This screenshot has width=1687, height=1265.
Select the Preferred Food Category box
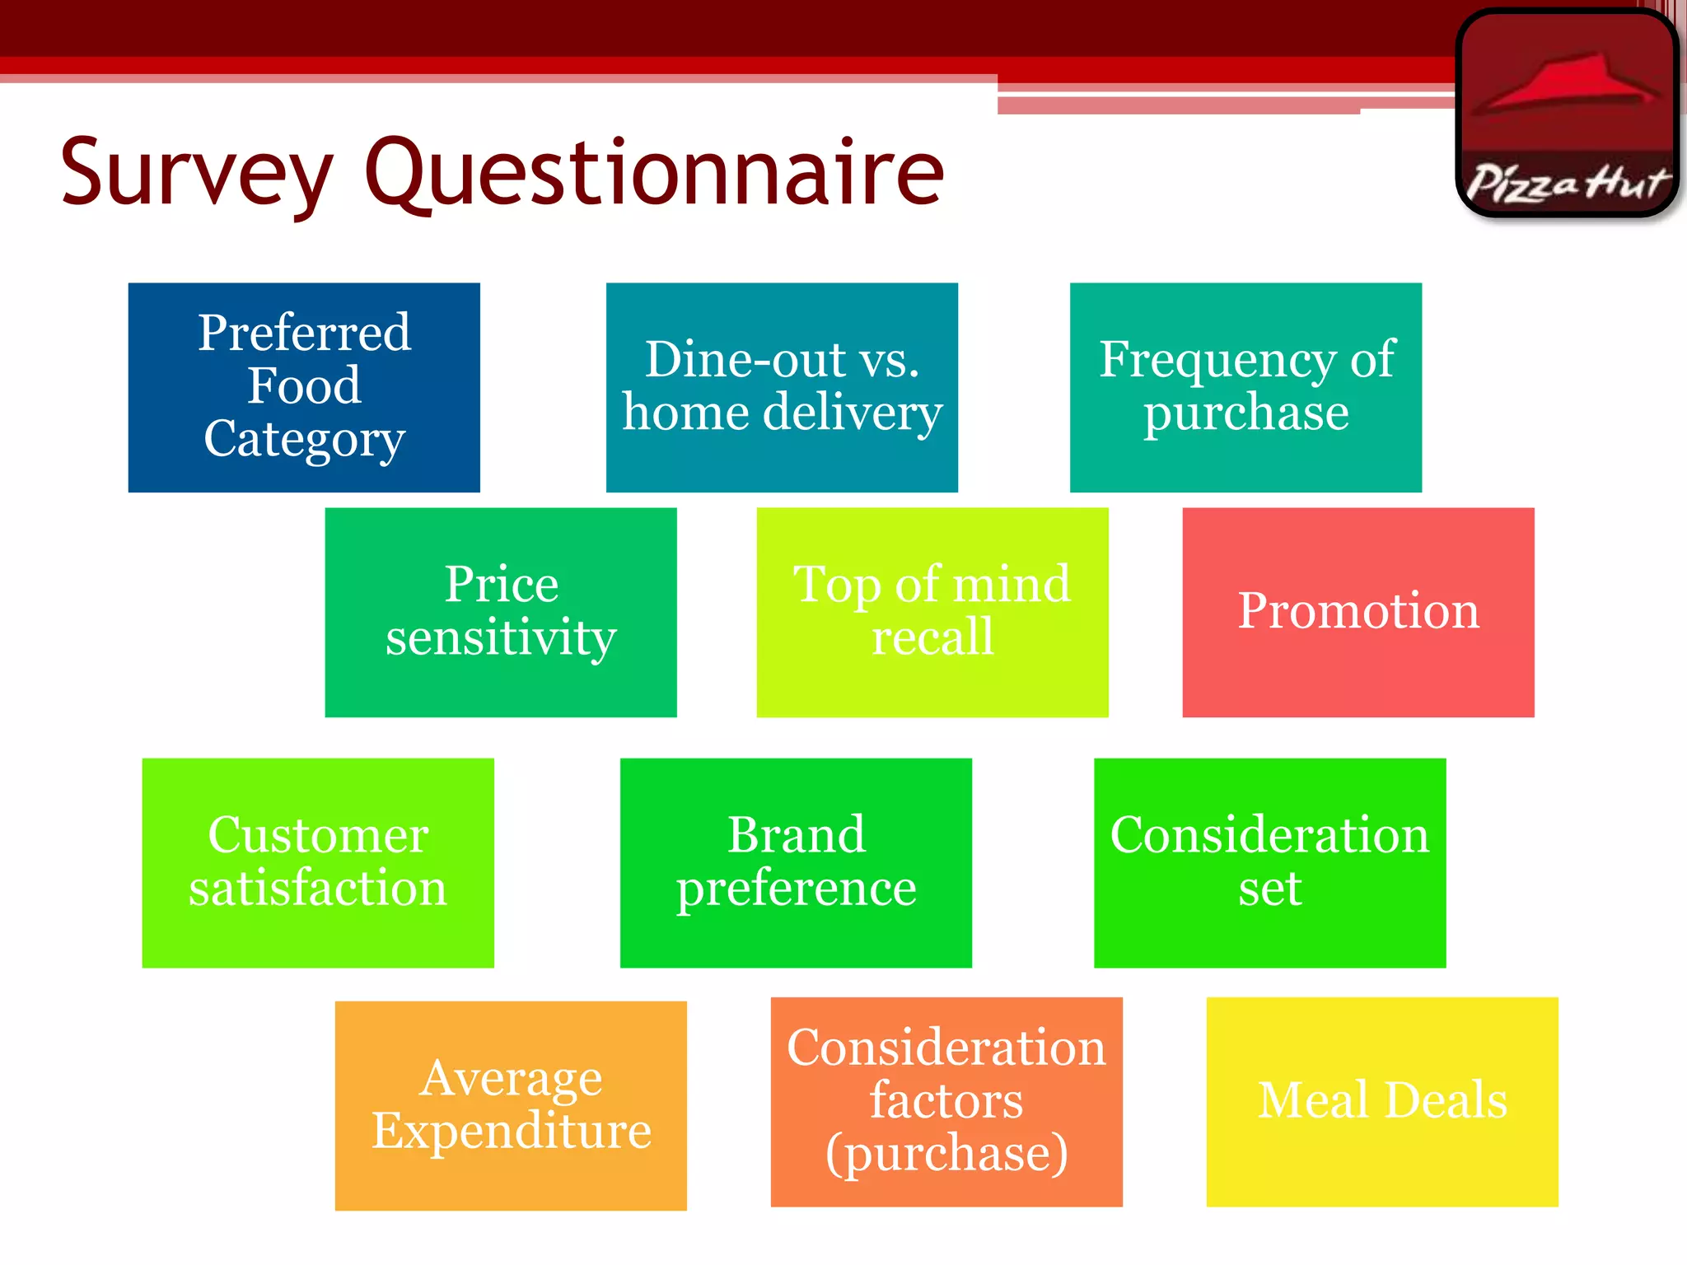click(x=304, y=387)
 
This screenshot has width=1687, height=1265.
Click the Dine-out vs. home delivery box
click(x=782, y=387)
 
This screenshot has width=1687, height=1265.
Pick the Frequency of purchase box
click(x=1245, y=387)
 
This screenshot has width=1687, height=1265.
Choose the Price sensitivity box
click(x=501, y=612)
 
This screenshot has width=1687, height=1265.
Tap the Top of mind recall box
click(x=932, y=612)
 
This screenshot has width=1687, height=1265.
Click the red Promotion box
click(x=1358, y=612)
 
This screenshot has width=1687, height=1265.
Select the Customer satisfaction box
click(x=318, y=862)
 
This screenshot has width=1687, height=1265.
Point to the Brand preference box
click(x=796, y=862)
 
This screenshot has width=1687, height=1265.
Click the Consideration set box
click(x=1269, y=862)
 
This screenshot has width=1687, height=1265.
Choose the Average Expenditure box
click(x=511, y=1105)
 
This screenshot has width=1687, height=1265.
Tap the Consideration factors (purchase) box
click(x=946, y=1101)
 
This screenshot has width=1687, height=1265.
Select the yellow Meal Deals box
click(x=1382, y=1101)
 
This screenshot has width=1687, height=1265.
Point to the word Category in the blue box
click(x=304, y=439)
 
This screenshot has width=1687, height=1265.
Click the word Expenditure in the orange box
click(x=511, y=1130)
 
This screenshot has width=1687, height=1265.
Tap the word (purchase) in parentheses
click(x=946, y=1153)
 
